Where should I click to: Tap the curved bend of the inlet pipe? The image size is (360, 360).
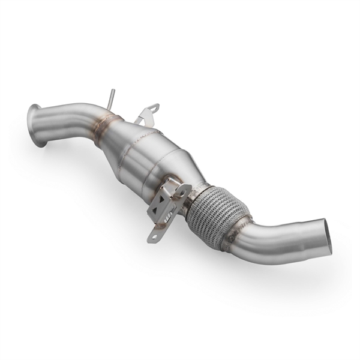[x=78, y=117]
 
